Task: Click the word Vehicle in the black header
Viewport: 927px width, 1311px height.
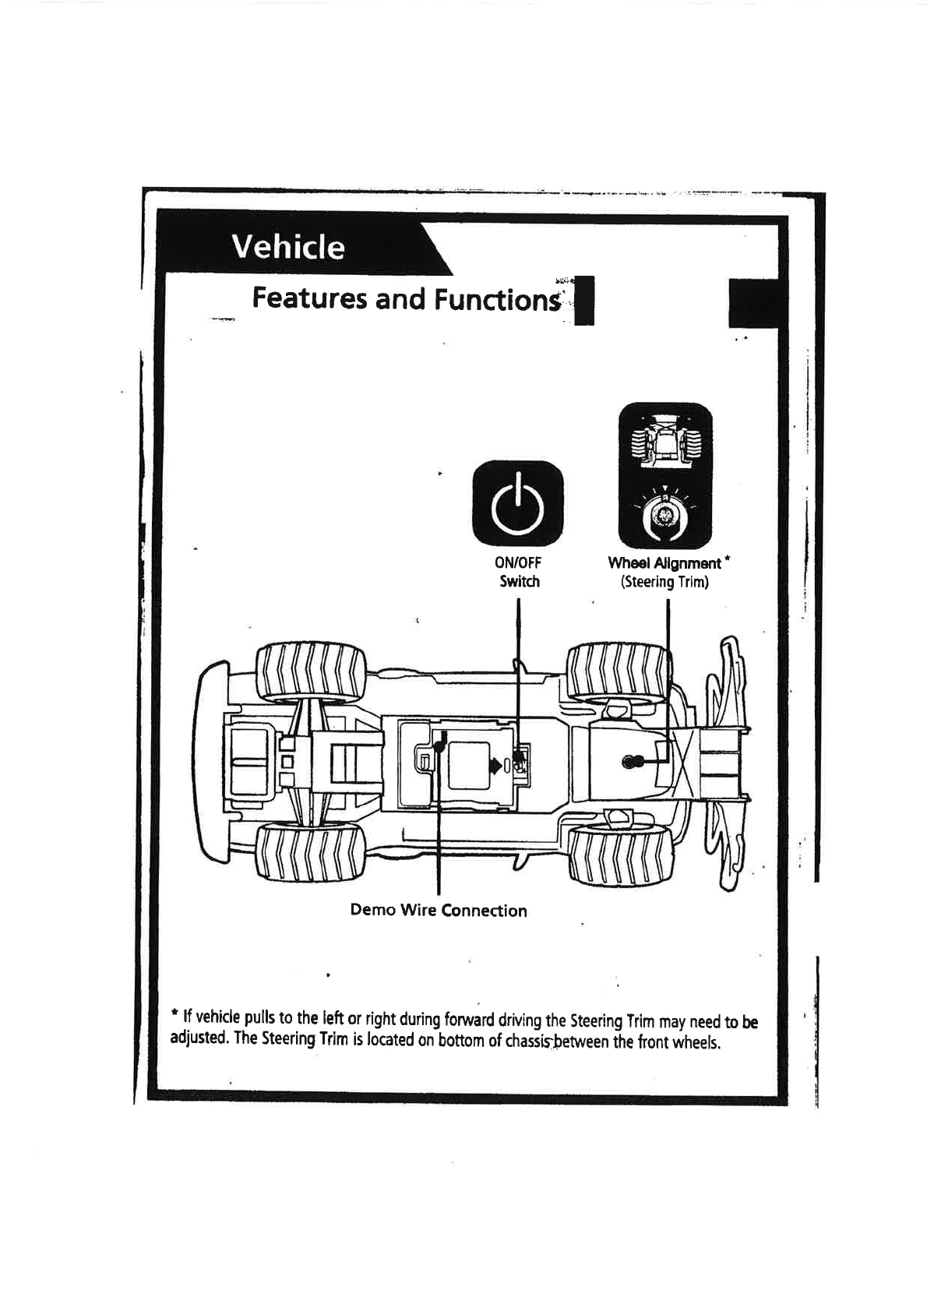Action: tap(288, 247)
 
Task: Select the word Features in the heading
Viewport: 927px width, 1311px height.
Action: tap(309, 298)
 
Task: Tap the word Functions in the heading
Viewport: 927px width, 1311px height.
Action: tap(497, 300)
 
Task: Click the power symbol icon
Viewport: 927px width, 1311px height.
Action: tap(518, 503)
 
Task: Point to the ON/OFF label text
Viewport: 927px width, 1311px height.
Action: tap(518, 562)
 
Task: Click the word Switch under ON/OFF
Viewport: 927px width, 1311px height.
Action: tap(519, 581)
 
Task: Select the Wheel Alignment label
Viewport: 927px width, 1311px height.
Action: tap(664, 562)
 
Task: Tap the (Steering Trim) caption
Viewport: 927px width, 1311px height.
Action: tap(664, 582)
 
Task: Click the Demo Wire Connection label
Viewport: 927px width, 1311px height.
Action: tap(439, 911)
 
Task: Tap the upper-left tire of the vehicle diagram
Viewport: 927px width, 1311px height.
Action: tap(311, 671)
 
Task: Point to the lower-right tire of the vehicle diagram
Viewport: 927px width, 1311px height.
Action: tap(620, 856)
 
